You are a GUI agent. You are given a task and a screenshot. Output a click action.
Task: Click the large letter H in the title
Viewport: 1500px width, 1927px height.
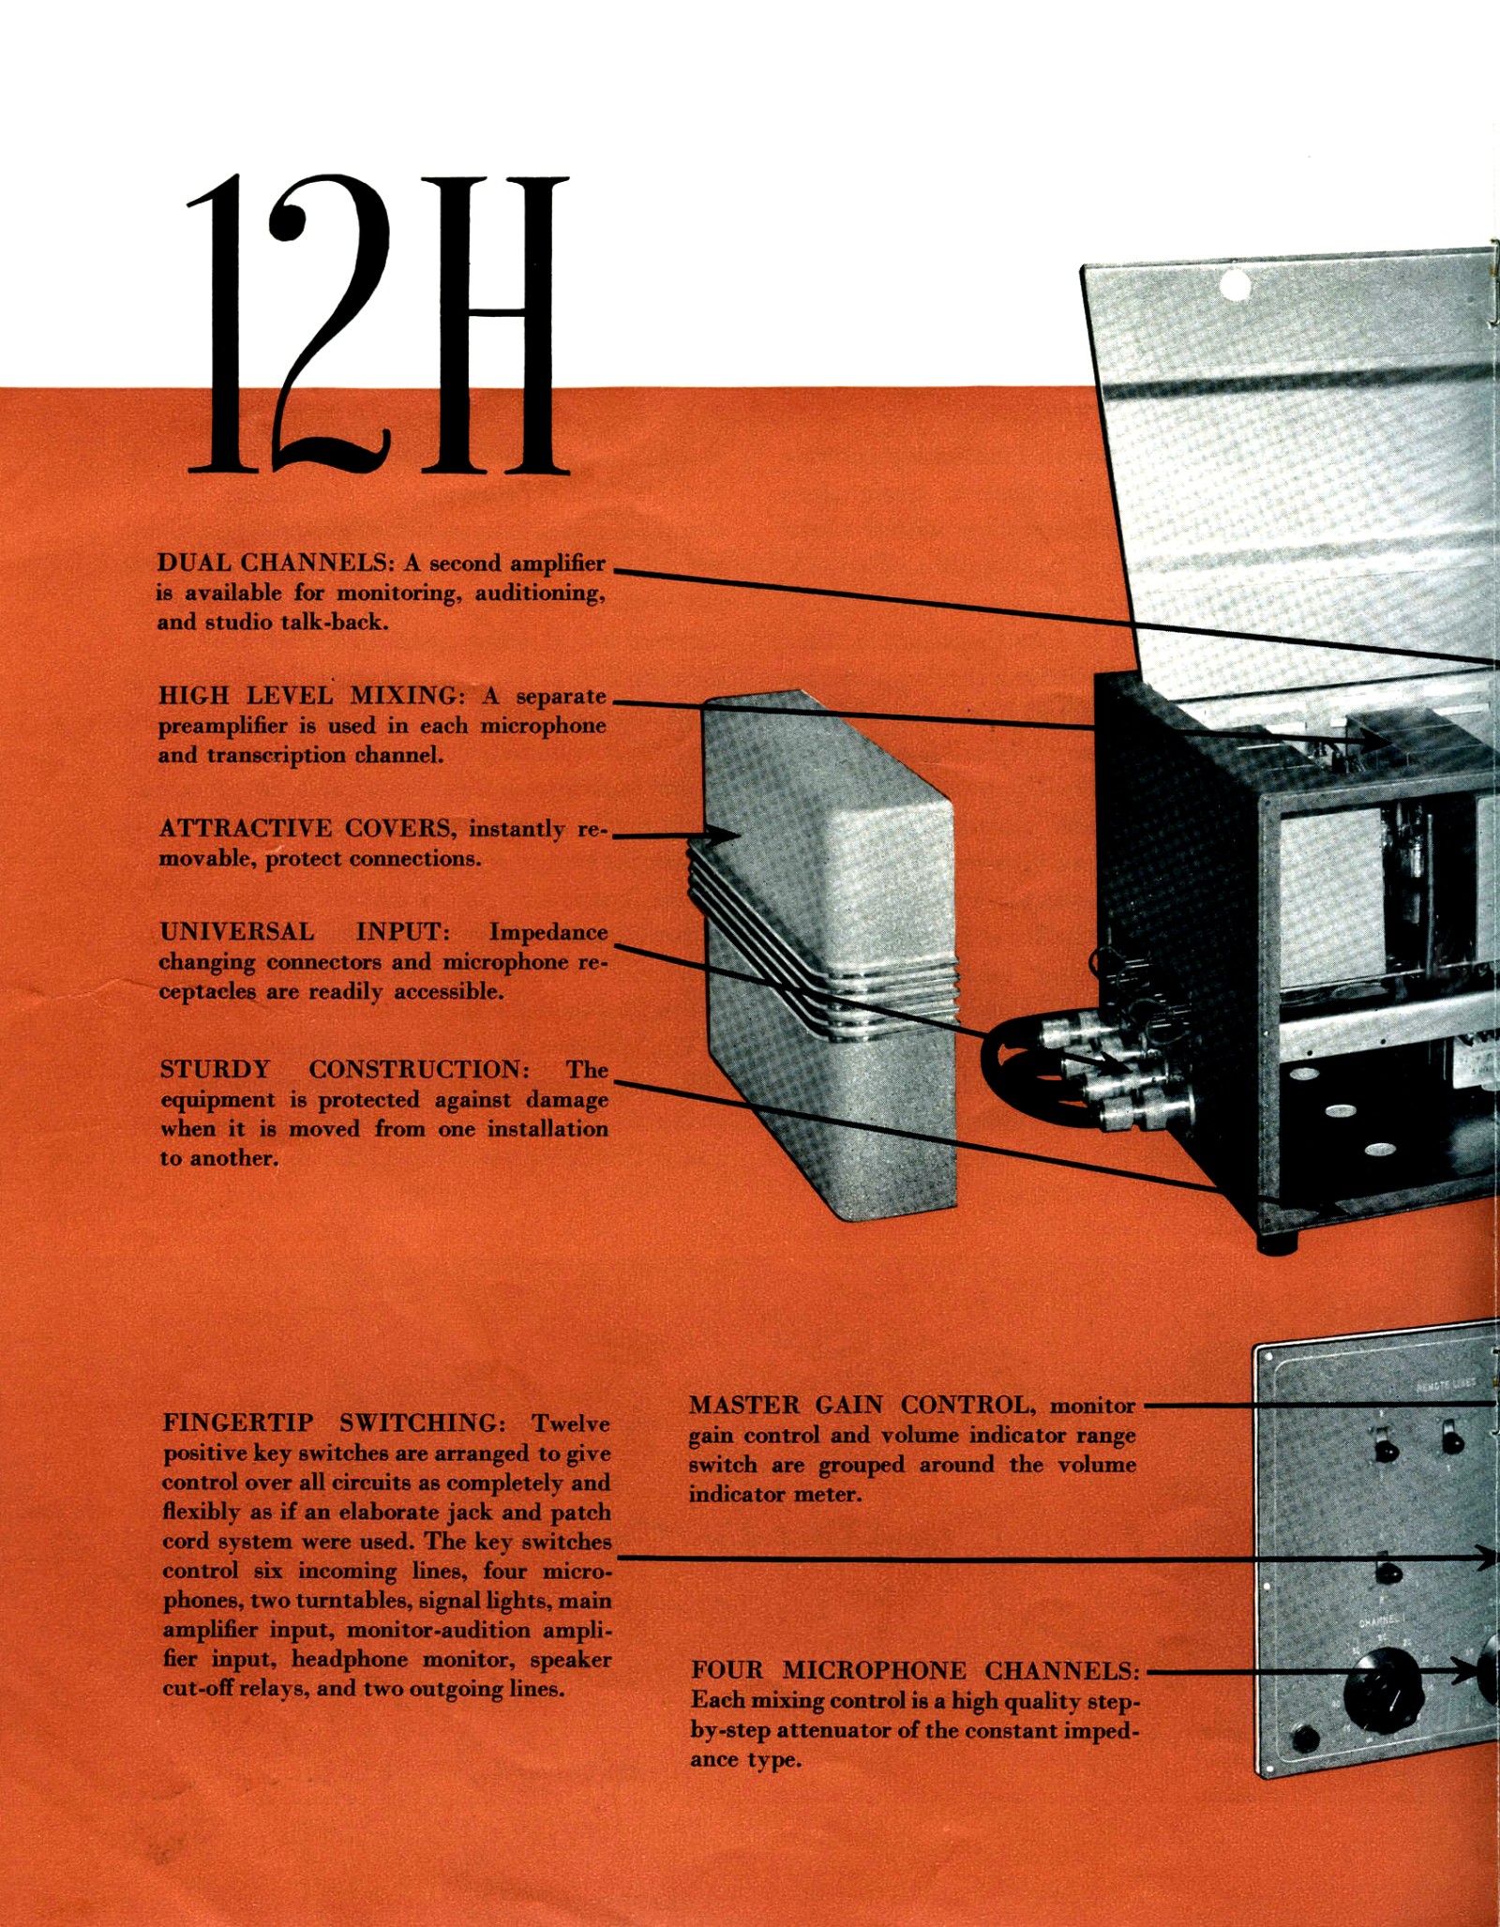click(x=494, y=324)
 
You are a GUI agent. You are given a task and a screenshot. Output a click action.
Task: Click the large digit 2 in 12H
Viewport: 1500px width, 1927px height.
click(x=329, y=324)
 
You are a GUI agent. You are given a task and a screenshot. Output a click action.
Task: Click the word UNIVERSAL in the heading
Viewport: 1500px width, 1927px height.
click(x=237, y=932)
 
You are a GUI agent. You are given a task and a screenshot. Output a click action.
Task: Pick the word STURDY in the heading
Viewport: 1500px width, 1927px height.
click(x=216, y=1070)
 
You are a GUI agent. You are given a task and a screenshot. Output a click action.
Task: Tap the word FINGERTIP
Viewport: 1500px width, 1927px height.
click(x=238, y=1423)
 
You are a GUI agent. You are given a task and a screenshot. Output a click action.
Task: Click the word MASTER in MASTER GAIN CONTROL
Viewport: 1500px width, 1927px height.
click(x=745, y=1406)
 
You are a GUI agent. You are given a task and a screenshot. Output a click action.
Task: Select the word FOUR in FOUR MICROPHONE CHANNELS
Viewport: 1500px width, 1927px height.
click(x=727, y=1671)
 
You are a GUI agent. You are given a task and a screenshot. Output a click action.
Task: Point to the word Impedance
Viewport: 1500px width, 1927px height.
click(x=548, y=933)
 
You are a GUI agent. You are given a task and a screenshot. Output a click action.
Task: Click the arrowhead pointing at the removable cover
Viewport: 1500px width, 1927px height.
click(x=722, y=835)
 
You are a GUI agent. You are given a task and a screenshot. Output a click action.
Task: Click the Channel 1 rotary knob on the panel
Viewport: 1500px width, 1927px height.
click(x=1383, y=1691)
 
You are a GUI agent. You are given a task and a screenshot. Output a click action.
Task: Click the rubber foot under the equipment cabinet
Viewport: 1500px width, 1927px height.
click(x=1278, y=1244)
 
